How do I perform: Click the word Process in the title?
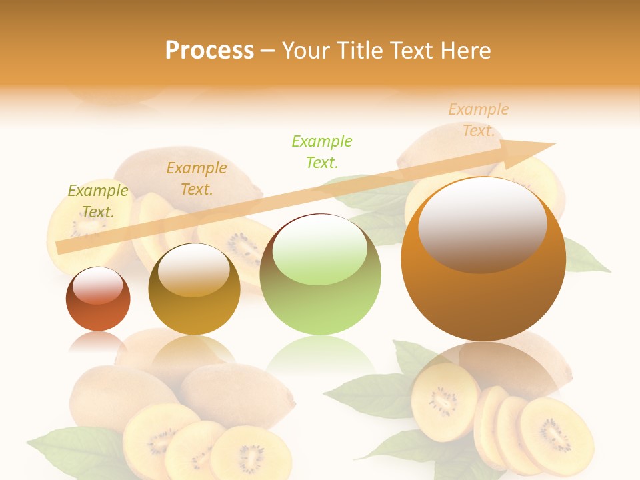pyautogui.click(x=209, y=51)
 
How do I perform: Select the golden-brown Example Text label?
pyautogui.click(x=197, y=179)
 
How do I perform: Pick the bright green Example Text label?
pyautogui.click(x=322, y=151)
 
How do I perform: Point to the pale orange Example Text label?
pyautogui.click(x=479, y=120)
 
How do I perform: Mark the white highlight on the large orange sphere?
pyautogui.click(x=482, y=223)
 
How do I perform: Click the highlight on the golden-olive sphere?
pyautogui.click(x=194, y=270)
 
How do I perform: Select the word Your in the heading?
pyautogui.click(x=306, y=51)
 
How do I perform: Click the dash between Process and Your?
pyautogui.click(x=267, y=51)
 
